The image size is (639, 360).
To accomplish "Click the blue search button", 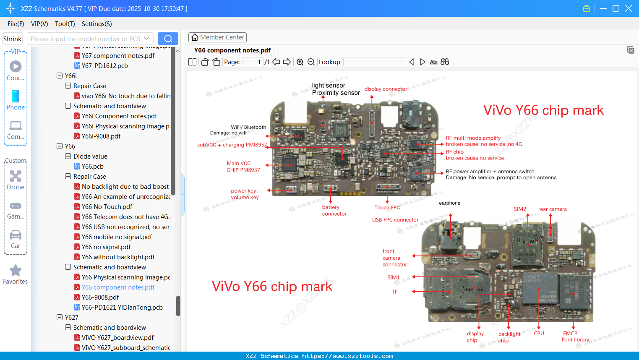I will pos(168,39).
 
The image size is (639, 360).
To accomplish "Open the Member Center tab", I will pos(217,37).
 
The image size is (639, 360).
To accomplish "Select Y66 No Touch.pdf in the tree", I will pos(107,207).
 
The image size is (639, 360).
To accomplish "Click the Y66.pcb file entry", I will pos(92,167).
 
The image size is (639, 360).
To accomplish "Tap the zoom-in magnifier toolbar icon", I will pos(300,62).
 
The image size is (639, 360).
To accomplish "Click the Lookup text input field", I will pos(374,62).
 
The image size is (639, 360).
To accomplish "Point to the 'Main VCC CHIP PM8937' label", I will pos(243,167).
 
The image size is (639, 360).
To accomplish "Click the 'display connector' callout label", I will pos(386,89).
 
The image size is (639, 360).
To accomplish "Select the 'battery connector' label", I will pos(334,210).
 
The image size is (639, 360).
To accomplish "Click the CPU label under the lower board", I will pos(539,334).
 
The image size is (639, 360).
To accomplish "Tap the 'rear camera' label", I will pos(552,209).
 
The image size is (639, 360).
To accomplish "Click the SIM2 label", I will pos(520,209).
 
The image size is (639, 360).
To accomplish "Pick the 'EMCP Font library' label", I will pos(575,337).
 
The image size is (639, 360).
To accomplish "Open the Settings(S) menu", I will pos(97,24).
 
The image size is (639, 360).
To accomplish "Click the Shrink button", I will pos(13,39).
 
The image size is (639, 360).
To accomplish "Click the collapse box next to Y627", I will pos(60,318).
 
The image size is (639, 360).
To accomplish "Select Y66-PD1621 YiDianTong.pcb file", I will pos(122,308).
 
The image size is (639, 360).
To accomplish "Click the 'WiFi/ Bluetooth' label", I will pos(248,127).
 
